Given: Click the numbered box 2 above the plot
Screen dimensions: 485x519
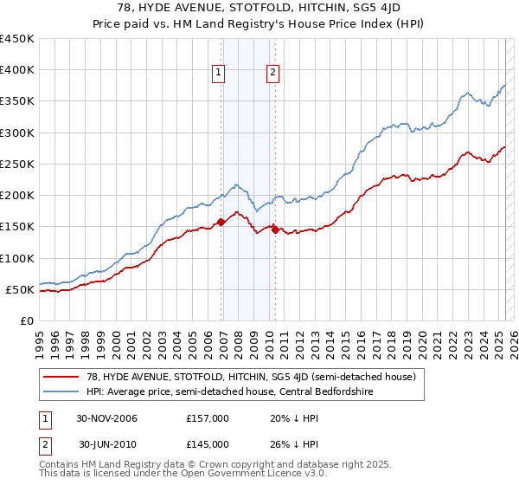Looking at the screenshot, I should coord(272,73).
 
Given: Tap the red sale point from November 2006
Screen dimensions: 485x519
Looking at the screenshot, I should coord(221,222).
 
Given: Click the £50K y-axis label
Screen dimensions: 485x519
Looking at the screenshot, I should coord(21,289).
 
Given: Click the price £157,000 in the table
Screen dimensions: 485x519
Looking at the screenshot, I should coord(208,418).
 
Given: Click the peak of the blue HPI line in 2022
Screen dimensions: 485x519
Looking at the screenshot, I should coord(467,92).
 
